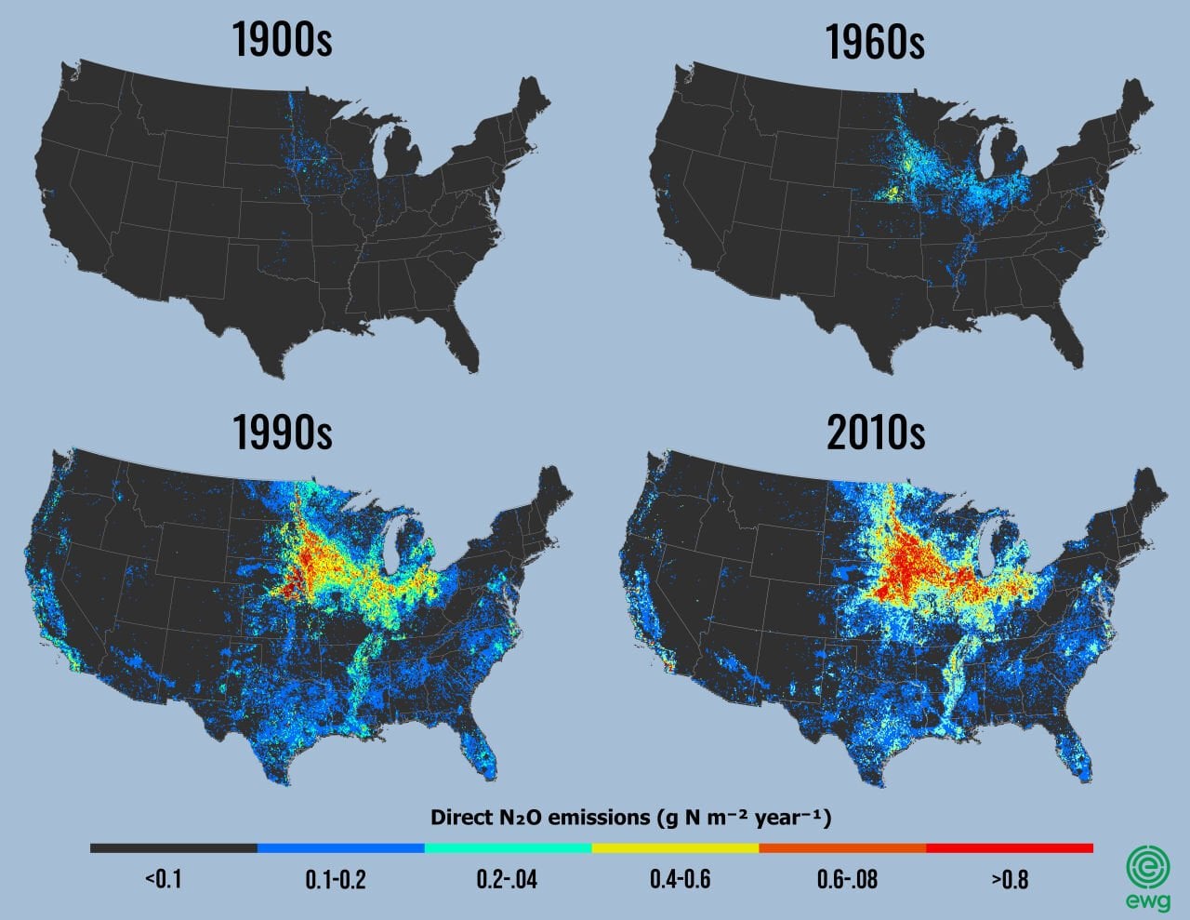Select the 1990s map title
point(282,431)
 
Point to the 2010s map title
point(875,431)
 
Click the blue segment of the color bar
point(340,848)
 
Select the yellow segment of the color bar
point(675,848)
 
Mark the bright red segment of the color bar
point(1010,848)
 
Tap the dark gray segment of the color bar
point(173,848)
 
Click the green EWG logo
point(1148,874)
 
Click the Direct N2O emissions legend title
point(630,818)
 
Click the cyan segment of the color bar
point(508,848)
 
